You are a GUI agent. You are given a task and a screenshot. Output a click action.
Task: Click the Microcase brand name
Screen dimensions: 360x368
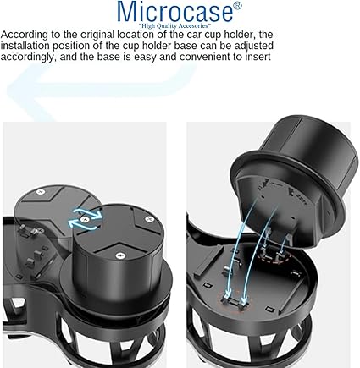175,12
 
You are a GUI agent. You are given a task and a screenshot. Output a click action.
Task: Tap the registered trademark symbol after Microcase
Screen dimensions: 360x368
238,6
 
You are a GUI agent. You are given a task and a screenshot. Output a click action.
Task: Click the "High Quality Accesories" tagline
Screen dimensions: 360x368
175,26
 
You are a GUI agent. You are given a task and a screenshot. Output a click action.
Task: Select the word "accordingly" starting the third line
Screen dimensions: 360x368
29,57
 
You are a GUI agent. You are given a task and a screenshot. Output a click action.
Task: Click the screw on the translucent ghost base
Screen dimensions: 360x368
40,192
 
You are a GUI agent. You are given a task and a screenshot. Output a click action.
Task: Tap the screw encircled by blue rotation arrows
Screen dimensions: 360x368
84,219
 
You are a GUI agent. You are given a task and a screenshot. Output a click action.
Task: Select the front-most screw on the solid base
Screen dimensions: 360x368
119,255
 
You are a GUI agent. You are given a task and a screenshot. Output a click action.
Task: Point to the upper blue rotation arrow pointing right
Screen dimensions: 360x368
87,214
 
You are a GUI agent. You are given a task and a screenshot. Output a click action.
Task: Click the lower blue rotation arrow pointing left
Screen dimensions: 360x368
82,225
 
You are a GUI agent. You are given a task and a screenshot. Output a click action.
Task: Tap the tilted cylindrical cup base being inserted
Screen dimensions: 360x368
291,176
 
